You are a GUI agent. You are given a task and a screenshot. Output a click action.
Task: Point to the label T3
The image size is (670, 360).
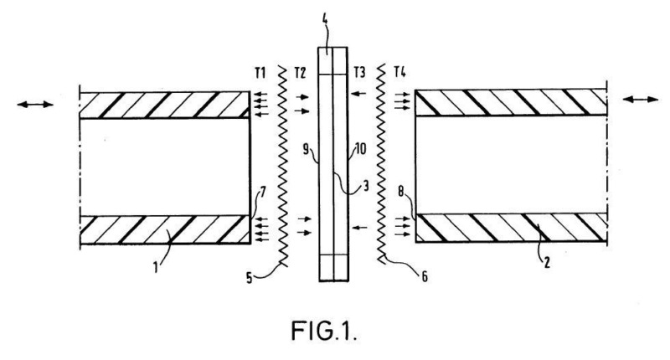pyautogui.click(x=361, y=70)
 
